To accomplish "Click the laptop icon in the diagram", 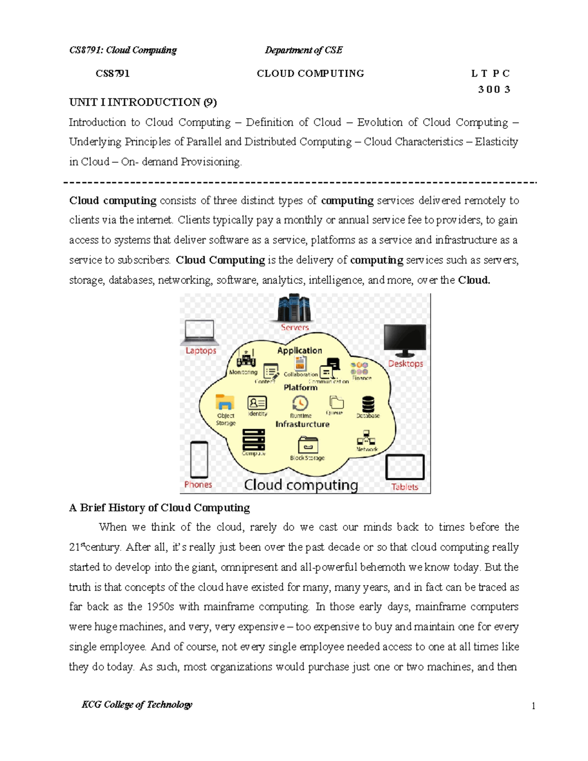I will click(x=199, y=332).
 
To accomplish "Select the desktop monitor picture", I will click(x=405, y=340).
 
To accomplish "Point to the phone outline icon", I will click(x=199, y=459).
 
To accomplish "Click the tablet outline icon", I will click(x=405, y=467).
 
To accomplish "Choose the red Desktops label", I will click(x=405, y=364).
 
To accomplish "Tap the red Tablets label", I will click(x=404, y=487).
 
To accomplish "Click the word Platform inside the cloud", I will click(x=300, y=387).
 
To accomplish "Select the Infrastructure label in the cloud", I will click(x=302, y=424).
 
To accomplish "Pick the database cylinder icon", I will click(x=368, y=404).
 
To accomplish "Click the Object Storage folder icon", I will click(x=225, y=402).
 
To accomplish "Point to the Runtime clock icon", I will click(x=300, y=403).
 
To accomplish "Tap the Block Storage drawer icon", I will click(x=308, y=445).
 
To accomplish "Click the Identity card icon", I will click(x=257, y=402).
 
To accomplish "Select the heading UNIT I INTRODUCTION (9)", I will click(x=143, y=102).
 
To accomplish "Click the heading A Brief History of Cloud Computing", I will click(x=160, y=508).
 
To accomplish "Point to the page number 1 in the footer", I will click(x=533, y=706).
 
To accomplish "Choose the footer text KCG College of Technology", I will click(x=137, y=705).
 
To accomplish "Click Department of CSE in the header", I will click(x=304, y=50).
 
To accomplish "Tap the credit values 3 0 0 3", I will click(x=494, y=89).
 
